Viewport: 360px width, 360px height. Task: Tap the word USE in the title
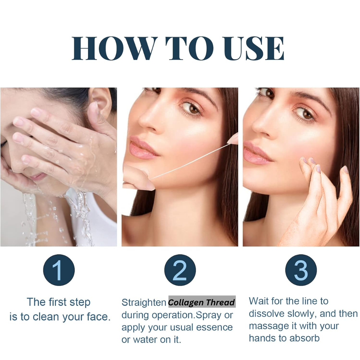[x=254, y=48]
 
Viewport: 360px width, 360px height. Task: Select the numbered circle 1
[x=59, y=270]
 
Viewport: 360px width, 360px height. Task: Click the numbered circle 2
[x=180, y=270]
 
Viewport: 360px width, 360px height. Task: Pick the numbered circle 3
[x=301, y=270]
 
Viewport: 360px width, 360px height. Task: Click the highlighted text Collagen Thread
[x=202, y=302]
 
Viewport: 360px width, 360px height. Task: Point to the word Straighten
[x=144, y=302]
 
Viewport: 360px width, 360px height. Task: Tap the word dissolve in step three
[x=267, y=313]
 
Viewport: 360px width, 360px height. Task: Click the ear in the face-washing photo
[x=100, y=101]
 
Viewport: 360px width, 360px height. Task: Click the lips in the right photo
[x=257, y=153]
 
